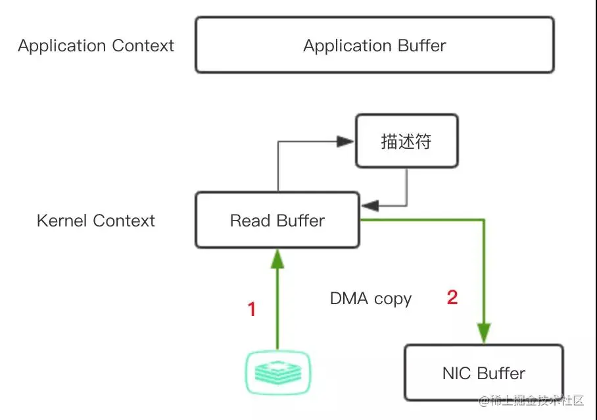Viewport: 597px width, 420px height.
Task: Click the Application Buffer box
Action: coord(375,45)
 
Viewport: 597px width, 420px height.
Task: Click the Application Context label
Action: coord(96,46)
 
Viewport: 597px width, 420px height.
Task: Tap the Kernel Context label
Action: coord(96,221)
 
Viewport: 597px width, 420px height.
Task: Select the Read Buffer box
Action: coord(277,221)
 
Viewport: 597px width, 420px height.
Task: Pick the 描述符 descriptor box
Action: coord(406,142)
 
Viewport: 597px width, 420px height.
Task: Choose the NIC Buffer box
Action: coord(483,373)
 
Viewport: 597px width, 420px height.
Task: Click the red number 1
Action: coord(251,309)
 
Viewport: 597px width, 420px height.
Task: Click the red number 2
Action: coord(452,298)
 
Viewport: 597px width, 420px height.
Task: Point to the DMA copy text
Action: coord(371,299)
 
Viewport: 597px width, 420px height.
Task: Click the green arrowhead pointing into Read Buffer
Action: coord(277,258)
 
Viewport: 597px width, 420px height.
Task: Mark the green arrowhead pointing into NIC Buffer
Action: coord(485,333)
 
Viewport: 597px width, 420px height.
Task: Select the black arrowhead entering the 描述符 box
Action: coord(346,141)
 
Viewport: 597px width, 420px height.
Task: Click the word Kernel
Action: coord(62,221)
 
